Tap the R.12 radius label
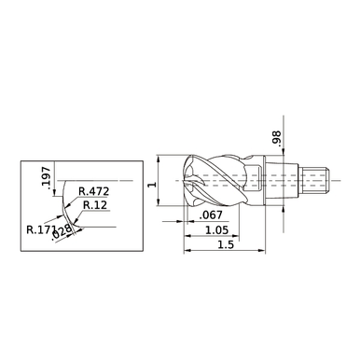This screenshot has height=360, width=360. [x=93, y=205]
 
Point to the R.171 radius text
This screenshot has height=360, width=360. [x=40, y=227]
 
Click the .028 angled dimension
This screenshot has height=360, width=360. [x=65, y=230]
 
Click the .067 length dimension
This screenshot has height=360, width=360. [x=210, y=215]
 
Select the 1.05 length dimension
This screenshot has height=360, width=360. [x=215, y=229]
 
